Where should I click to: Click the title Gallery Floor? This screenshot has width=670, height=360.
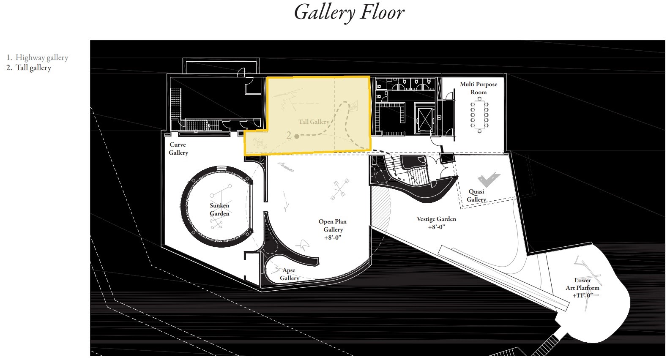pos(349,13)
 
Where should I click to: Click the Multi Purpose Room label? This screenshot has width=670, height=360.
pos(479,88)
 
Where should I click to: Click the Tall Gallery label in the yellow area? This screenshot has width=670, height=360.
pos(314,122)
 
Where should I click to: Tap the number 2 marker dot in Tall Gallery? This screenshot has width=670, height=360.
pos(296,136)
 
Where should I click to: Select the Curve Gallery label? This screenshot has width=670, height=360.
pos(178,149)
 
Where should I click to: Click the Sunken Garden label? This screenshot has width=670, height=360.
pos(219,209)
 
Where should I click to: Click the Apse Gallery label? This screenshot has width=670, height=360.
pos(289,274)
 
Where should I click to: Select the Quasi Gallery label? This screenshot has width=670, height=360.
pos(476,195)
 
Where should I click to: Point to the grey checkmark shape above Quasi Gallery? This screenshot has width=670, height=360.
pos(488,180)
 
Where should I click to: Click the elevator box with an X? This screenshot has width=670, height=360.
pos(425,120)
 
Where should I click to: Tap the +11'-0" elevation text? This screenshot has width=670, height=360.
pos(582,295)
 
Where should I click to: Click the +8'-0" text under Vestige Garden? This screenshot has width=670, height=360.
pos(436,227)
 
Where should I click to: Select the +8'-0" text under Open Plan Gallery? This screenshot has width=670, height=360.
pos(333,238)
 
